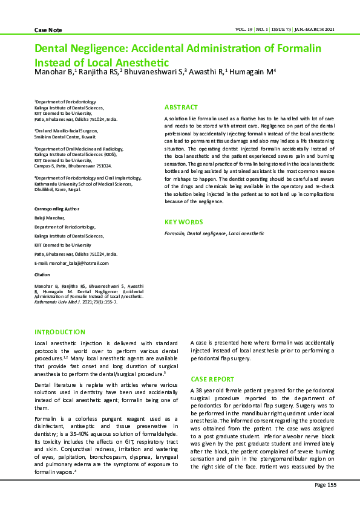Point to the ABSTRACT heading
[x=181, y=106]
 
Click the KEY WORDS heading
[x=184, y=222]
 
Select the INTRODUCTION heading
[x=60, y=332]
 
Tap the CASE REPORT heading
[x=212, y=378]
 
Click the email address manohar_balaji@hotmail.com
[x=79, y=264]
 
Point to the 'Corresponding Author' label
[x=56, y=209]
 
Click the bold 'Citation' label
[x=42, y=274]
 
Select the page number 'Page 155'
[x=325, y=485]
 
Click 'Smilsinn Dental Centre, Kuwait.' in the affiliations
[x=65, y=137]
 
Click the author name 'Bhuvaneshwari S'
[x=152, y=72]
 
